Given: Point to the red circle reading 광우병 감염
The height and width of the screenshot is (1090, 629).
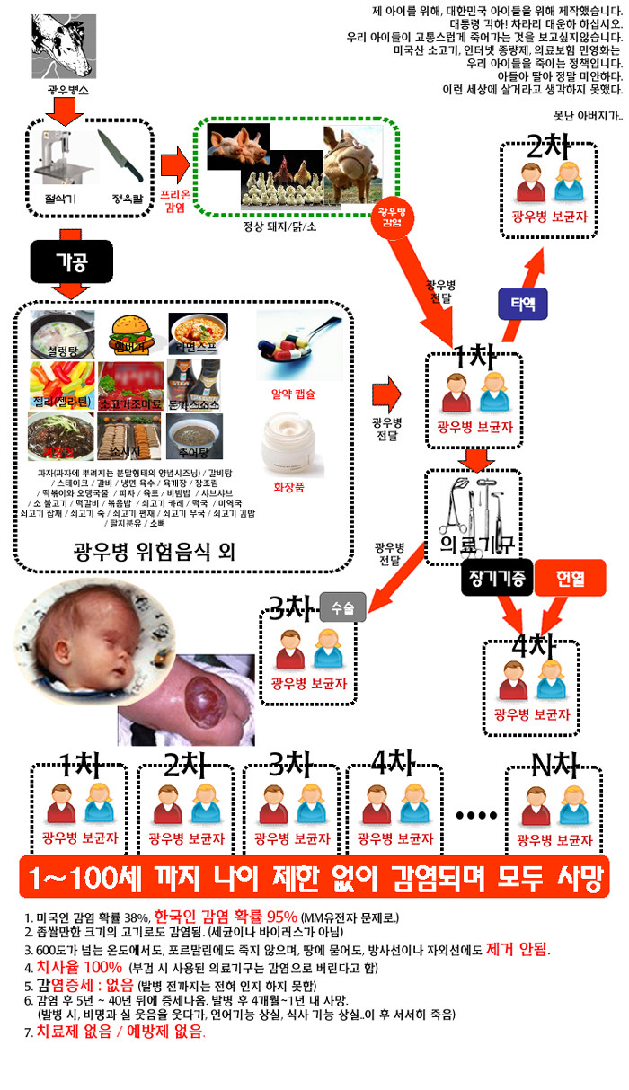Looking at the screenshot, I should point(392,215).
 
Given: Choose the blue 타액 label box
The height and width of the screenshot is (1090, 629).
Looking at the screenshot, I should point(523,304).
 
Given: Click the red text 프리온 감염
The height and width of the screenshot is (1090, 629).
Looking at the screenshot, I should point(174,199).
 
